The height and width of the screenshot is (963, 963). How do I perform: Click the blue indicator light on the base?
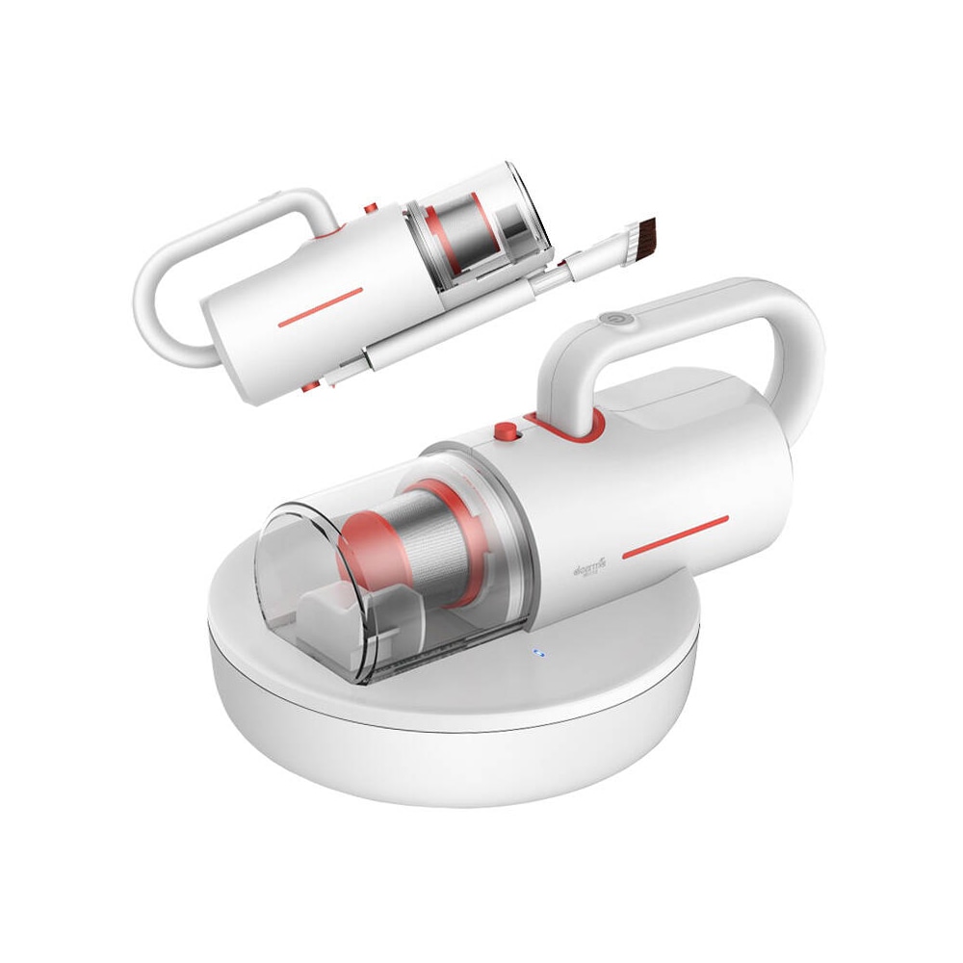click(x=538, y=655)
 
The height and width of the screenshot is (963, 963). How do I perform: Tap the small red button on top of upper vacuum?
click(x=368, y=209)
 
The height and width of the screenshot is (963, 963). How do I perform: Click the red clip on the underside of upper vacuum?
click(x=310, y=386)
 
